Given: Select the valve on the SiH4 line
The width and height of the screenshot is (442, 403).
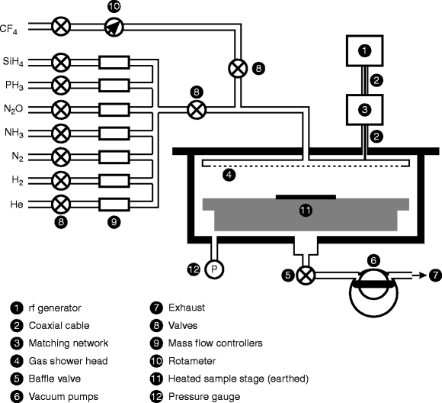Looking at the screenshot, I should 61,60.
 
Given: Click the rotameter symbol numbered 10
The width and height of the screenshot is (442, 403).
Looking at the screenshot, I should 113,27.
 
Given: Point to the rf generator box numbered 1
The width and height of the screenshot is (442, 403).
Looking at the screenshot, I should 364,51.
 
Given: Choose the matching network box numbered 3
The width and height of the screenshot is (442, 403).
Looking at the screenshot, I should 364,109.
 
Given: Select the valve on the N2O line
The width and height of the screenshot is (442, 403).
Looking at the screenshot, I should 61,108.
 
